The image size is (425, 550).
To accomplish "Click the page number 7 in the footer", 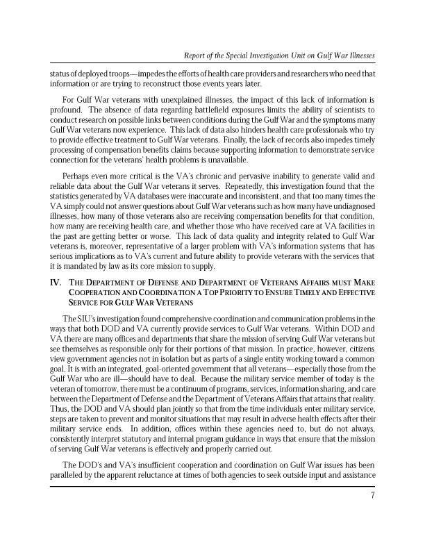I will click(373, 496).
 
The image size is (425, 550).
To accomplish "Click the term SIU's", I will click(84, 318).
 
